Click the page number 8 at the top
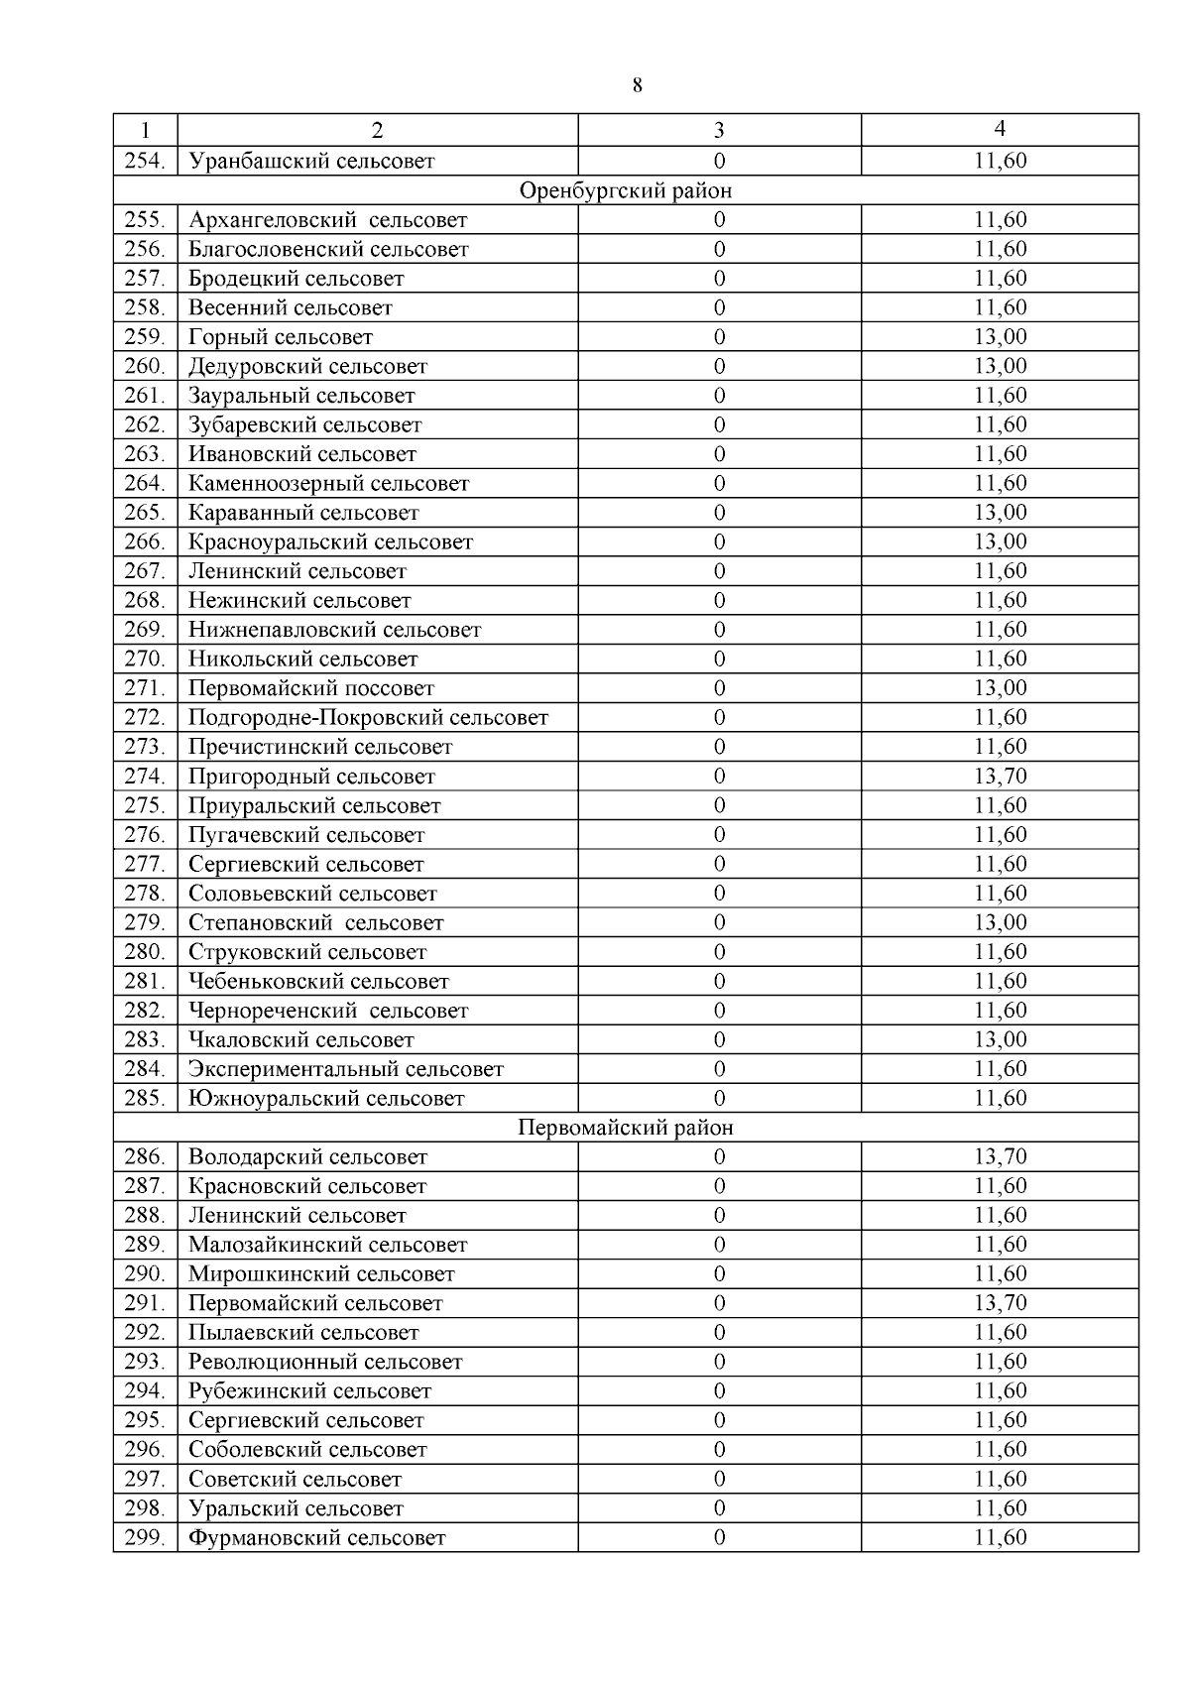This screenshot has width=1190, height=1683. click(x=637, y=86)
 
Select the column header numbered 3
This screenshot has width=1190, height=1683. click(x=719, y=130)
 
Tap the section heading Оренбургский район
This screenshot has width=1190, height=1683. click(x=626, y=190)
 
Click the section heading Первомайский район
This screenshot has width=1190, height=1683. click(x=626, y=1128)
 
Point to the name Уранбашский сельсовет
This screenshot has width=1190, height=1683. click(x=311, y=161)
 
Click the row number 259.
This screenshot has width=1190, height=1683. click(x=145, y=337)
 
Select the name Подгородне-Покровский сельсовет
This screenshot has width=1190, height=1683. click(x=368, y=718)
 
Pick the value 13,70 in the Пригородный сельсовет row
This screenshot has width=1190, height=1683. click(x=1000, y=777)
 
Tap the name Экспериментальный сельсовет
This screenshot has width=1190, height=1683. click(x=346, y=1069)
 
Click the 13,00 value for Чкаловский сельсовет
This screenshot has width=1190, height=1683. click(x=1000, y=1040)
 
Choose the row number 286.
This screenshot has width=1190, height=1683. click(x=145, y=1157)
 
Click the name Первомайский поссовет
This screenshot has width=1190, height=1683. click(x=311, y=688)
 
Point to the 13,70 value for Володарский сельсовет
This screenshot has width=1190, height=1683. click(x=1000, y=1157)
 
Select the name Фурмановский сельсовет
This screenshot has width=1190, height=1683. click(x=317, y=1538)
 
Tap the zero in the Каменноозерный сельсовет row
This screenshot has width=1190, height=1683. click(x=719, y=484)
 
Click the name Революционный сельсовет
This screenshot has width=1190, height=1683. click(x=325, y=1363)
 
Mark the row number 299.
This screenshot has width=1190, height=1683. click(x=145, y=1538)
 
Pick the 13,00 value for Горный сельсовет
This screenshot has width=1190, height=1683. click(x=1000, y=337)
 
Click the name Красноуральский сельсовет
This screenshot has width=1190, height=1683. click(x=330, y=542)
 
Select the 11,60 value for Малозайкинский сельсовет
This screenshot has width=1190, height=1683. click(x=1000, y=1245)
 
